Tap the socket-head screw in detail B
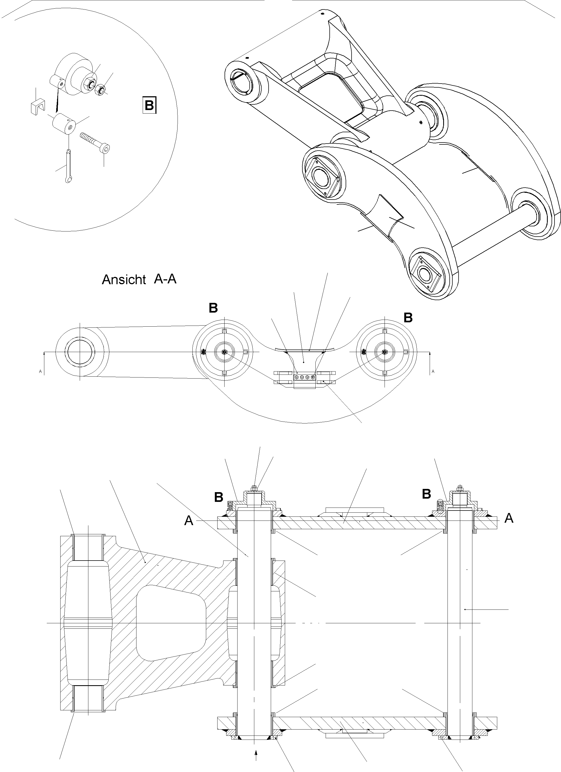[96, 143]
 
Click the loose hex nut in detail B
[99, 90]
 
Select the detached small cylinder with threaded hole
[63, 124]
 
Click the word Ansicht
[124, 280]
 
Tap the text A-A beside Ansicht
[165, 279]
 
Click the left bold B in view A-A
[213, 308]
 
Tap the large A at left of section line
[189, 521]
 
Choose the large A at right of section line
[509, 518]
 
